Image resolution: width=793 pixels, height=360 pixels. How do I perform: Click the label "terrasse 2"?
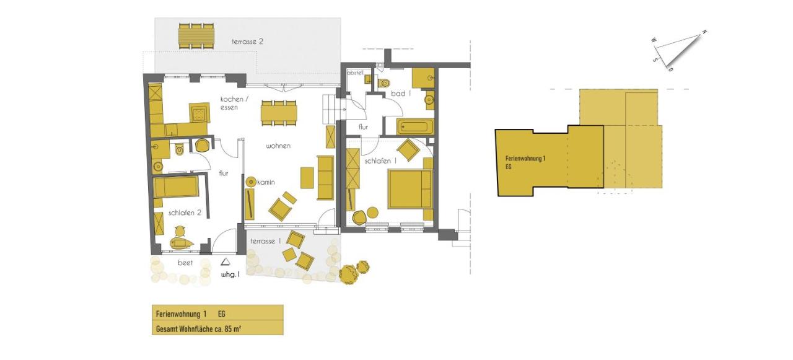247,42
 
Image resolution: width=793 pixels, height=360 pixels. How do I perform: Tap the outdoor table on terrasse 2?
196,36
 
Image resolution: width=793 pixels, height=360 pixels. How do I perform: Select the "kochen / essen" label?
234,103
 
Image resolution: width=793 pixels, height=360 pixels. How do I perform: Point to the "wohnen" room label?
278,146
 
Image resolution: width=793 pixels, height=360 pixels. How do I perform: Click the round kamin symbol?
251,182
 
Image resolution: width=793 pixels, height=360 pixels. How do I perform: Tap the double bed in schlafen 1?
409,188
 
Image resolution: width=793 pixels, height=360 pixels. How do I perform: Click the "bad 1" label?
400,94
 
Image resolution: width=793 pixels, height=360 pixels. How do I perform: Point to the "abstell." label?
356,73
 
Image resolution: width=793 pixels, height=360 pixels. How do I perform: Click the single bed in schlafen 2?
176,186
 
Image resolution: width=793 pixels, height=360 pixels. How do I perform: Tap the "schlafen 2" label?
185,213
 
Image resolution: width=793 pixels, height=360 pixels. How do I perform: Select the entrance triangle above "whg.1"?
225,262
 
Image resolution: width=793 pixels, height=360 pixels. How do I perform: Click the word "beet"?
185,263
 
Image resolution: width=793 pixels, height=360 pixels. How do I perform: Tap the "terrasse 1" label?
266,240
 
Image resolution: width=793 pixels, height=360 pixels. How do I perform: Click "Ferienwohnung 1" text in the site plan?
525,159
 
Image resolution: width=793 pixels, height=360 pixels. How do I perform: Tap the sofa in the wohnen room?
325,178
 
